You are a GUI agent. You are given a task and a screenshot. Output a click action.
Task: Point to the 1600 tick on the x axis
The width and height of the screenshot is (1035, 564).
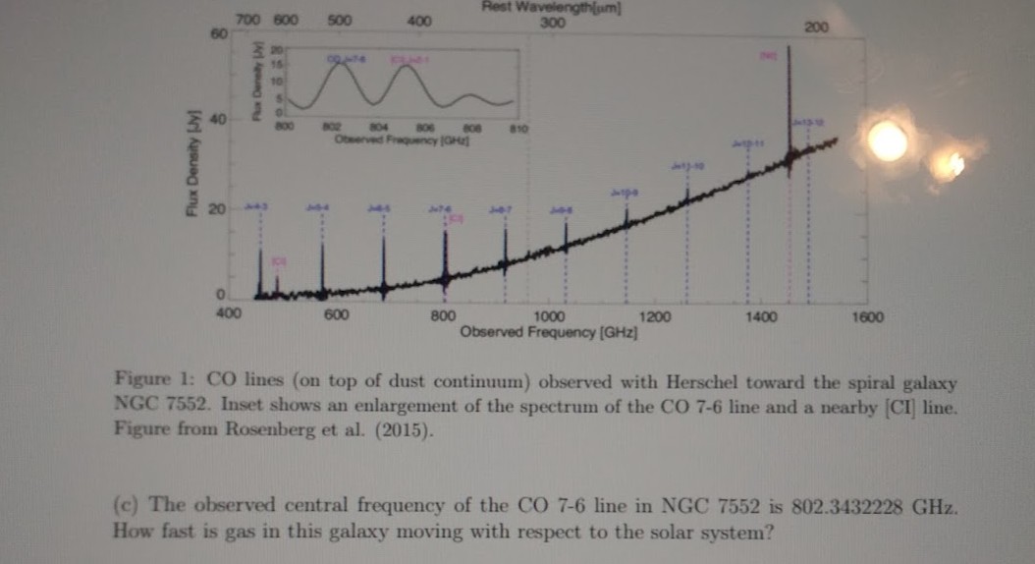(868, 316)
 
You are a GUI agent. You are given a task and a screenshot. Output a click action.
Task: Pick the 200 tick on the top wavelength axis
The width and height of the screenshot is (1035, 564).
(814, 28)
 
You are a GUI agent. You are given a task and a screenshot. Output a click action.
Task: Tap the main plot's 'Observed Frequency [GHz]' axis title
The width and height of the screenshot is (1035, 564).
(550, 332)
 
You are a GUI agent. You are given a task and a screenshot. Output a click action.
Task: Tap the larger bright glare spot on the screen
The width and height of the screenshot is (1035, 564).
(888, 141)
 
